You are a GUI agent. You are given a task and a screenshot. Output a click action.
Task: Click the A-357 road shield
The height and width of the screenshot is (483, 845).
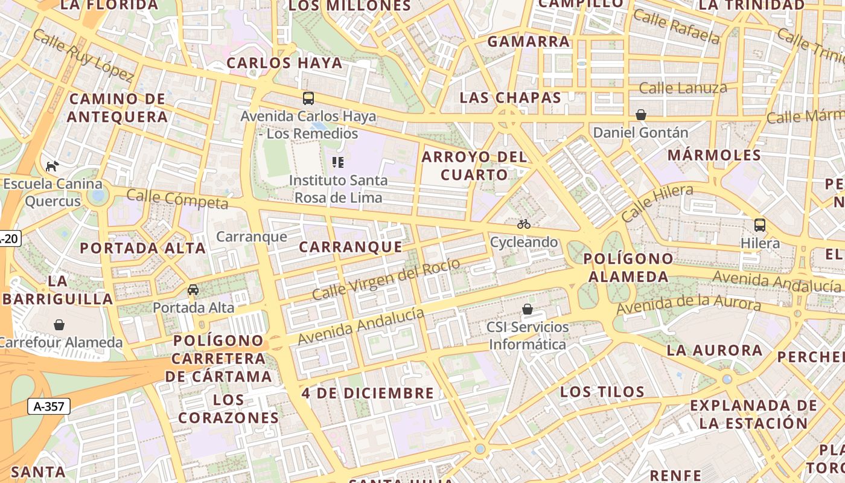(x=49, y=406)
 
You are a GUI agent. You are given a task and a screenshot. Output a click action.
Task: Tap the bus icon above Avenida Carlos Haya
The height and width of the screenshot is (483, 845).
(x=308, y=98)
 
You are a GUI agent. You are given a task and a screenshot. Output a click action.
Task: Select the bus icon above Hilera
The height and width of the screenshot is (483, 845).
(x=760, y=225)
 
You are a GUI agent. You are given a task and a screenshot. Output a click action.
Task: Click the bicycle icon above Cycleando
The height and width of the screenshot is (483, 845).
(x=524, y=224)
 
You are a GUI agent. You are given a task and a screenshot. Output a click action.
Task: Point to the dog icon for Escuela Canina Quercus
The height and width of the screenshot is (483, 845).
(x=52, y=166)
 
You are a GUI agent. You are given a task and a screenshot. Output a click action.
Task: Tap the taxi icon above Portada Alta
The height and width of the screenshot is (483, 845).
(x=193, y=290)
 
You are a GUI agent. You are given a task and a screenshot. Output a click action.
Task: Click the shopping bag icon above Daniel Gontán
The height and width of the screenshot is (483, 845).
(x=641, y=115)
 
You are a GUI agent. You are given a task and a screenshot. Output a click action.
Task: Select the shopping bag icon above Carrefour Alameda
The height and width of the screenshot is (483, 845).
(x=59, y=325)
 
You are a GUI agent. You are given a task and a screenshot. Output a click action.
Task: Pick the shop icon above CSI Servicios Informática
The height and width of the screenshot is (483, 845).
(x=528, y=309)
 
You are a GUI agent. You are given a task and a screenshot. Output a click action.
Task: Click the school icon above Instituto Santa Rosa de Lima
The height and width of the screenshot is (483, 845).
(x=338, y=162)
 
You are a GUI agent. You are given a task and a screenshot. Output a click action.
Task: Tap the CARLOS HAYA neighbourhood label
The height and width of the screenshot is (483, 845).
(x=284, y=63)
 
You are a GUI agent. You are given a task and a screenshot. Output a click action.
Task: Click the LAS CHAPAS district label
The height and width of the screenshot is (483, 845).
(x=511, y=97)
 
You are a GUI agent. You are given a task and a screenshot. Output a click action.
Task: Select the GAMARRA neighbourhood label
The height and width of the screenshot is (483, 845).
(x=529, y=42)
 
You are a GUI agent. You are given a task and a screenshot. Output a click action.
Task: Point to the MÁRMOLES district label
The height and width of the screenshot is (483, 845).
(x=714, y=155)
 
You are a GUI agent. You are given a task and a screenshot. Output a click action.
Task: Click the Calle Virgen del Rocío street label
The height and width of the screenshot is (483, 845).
(x=386, y=279)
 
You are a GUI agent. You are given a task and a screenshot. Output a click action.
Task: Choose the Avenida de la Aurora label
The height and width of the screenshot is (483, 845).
(x=689, y=304)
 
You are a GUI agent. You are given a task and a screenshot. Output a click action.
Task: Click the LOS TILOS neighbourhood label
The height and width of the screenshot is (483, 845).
(x=602, y=391)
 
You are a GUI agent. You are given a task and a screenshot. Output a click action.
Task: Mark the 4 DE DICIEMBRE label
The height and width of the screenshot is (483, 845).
(x=368, y=393)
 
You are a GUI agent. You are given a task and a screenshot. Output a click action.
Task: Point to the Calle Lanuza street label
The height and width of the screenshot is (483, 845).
(x=683, y=88)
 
